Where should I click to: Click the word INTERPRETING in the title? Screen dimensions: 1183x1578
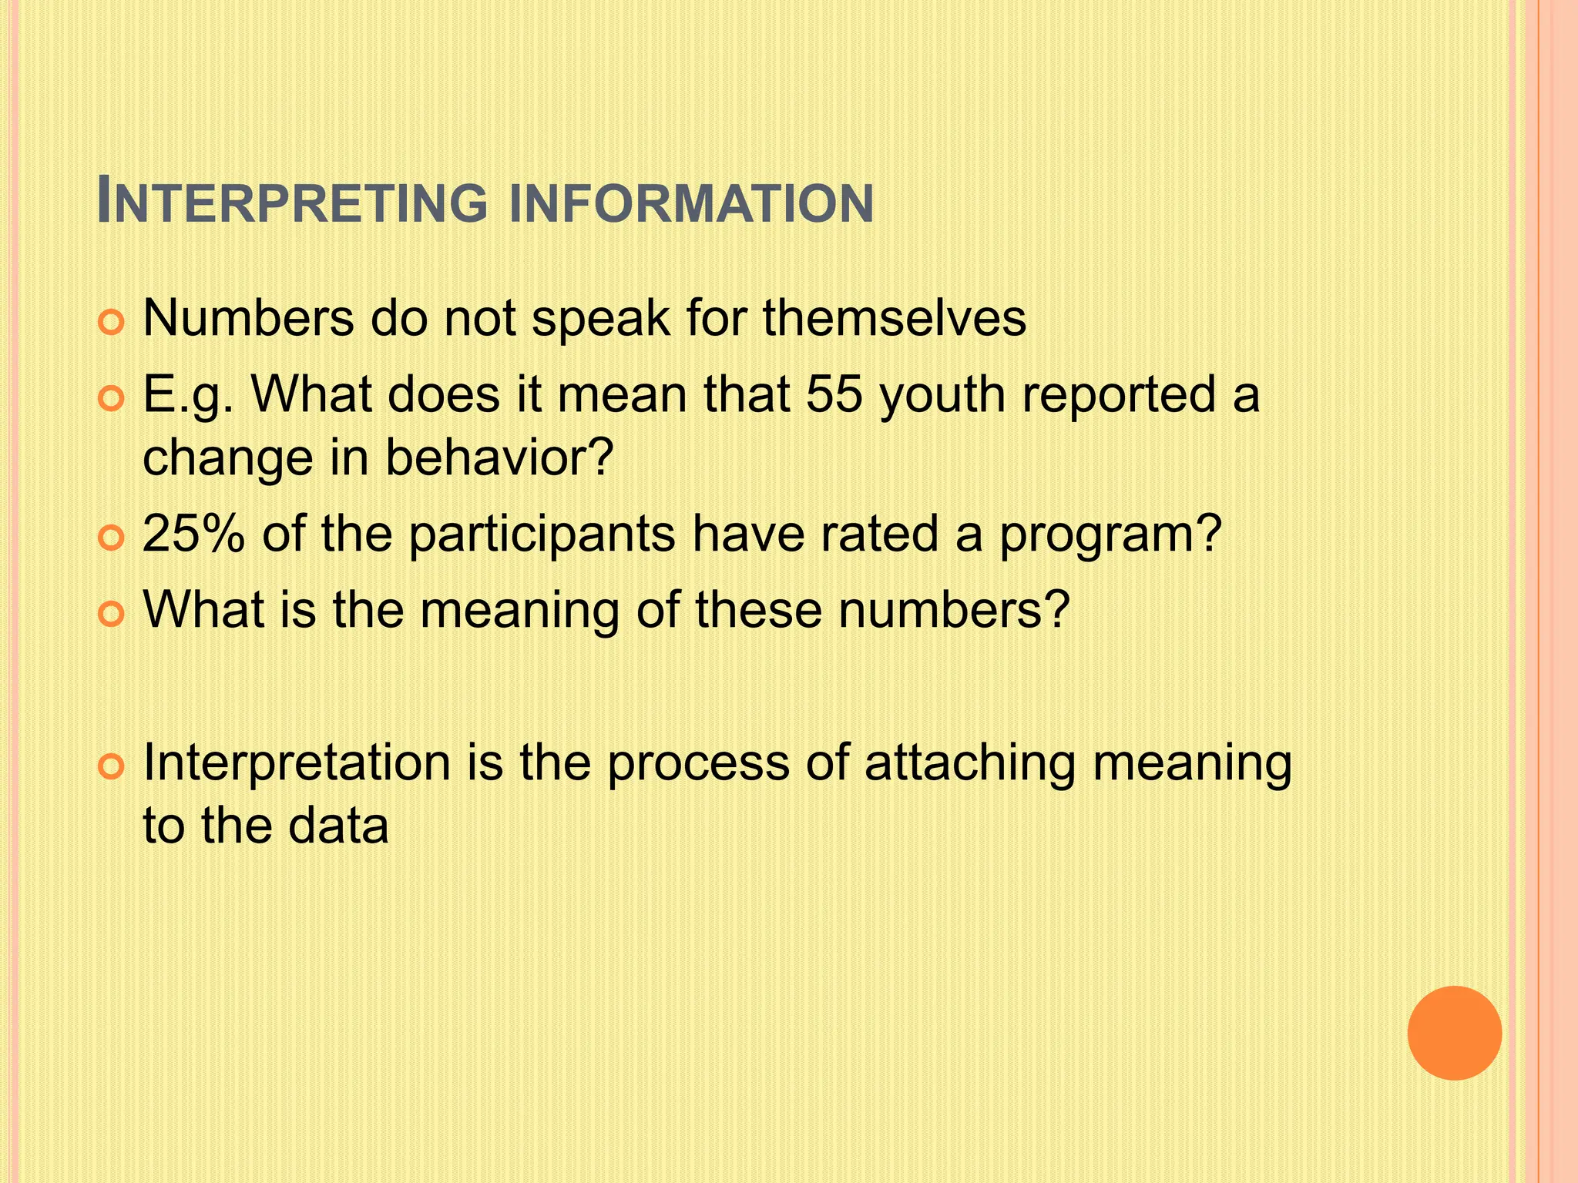point(293,203)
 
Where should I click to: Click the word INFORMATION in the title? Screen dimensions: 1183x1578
point(692,204)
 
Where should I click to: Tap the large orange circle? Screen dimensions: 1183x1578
point(1454,1033)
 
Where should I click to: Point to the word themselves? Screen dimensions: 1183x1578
point(895,317)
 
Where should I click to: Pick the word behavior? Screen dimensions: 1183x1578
point(499,457)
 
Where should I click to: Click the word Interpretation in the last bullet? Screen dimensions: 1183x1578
point(297,764)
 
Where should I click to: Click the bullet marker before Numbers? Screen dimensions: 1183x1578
point(112,323)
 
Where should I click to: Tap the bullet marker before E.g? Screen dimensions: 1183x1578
point(112,400)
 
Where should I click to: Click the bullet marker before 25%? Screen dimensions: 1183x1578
point(112,538)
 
